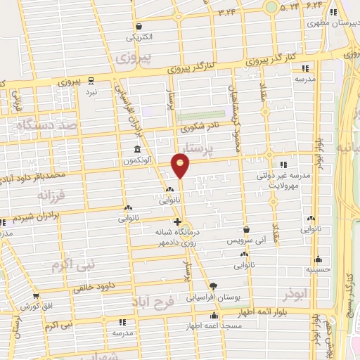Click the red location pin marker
(x=181, y=165)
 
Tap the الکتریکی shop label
(x=139, y=37)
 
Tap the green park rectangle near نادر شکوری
(x=201, y=115)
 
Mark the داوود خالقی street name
(x=96, y=286)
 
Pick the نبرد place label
(x=91, y=92)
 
